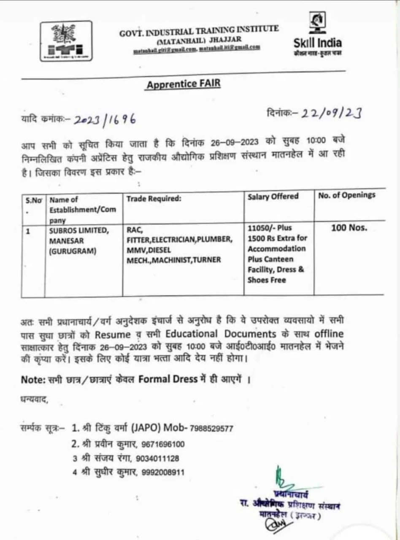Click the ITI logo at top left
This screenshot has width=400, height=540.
point(67,40)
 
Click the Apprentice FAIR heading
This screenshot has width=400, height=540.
point(183,84)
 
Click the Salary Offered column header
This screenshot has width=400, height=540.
point(273,196)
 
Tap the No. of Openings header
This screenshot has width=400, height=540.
point(346,195)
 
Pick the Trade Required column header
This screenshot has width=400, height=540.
point(154,198)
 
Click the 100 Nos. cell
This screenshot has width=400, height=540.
point(349,228)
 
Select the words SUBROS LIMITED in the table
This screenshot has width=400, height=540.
point(79,230)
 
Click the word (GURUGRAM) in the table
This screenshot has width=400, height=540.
point(73,251)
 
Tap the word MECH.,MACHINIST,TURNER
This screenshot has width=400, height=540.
point(174,260)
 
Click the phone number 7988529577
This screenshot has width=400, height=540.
point(211,428)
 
